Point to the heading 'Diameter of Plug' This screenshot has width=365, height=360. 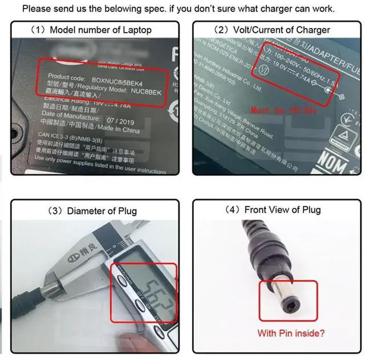click(102, 211)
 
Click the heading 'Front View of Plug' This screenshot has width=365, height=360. click(282, 209)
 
